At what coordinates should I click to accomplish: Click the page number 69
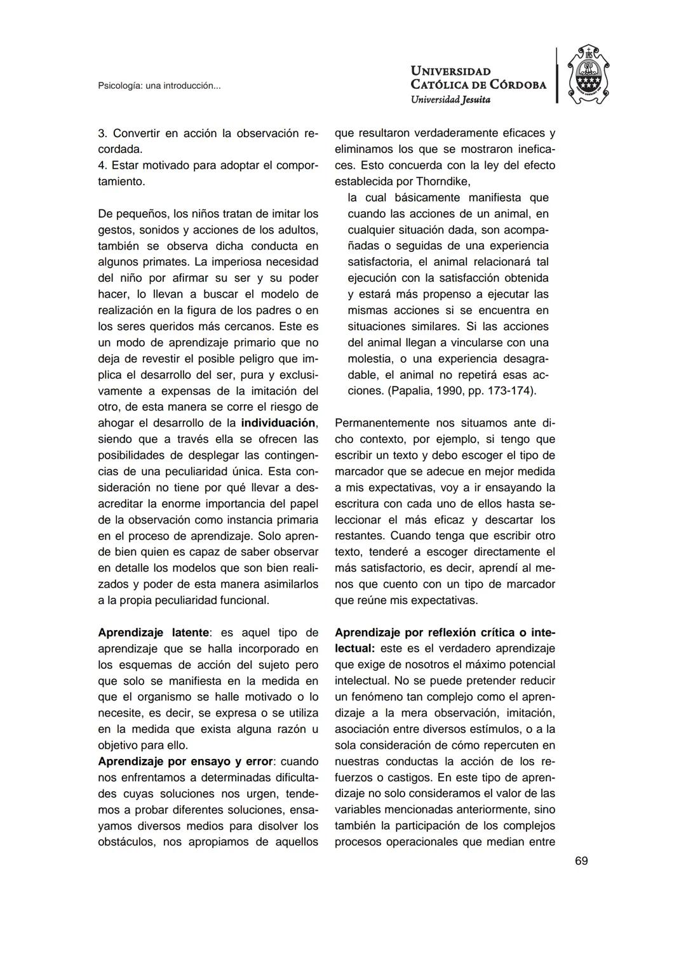[x=581, y=860]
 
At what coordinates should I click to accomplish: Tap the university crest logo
[x=588, y=75]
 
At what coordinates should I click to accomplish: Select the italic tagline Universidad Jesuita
[x=450, y=100]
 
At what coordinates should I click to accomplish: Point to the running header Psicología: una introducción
[x=159, y=86]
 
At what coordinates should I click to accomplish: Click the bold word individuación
[x=278, y=423]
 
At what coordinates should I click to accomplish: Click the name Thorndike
[x=442, y=181]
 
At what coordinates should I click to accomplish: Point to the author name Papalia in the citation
[x=411, y=391]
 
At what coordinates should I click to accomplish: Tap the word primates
[x=167, y=262]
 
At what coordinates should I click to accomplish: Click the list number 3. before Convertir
[x=102, y=133]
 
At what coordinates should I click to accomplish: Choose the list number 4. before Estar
[x=102, y=166]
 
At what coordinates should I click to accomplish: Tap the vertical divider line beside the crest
[x=557, y=75]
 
